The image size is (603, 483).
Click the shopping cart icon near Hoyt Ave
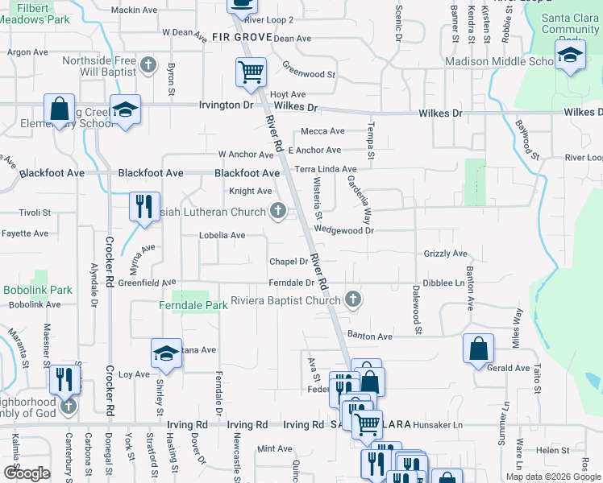point(251,72)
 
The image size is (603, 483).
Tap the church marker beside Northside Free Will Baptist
point(148,64)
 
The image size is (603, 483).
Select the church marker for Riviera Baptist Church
point(352,300)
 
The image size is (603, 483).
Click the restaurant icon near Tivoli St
point(144,206)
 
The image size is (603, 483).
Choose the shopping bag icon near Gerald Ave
point(478,349)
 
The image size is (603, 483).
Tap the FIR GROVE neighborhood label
point(241,37)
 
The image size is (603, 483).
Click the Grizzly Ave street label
point(446,254)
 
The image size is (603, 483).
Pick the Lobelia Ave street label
point(222,235)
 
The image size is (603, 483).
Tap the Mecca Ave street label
point(322,131)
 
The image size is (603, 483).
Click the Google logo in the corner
point(26,473)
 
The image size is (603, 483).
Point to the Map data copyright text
point(552,477)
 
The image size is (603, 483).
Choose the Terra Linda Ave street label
point(325,170)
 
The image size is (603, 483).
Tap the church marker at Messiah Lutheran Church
point(278,212)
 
